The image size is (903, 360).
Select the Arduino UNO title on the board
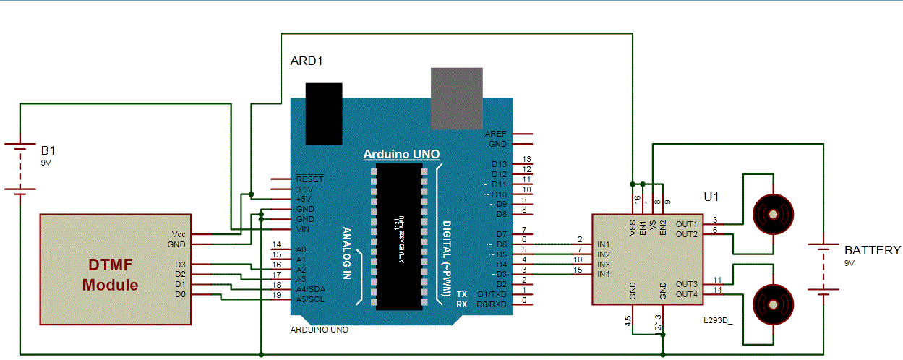401,155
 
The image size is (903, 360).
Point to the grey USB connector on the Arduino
456,98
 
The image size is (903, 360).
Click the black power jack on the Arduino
323,113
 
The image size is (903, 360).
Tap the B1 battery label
48,151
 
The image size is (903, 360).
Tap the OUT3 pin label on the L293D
687,284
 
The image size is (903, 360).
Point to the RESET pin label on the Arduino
309,179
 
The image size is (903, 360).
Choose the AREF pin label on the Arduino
496,134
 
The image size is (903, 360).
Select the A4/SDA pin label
310,289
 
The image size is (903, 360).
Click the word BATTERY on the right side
873,251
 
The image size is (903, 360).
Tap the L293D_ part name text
717,319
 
